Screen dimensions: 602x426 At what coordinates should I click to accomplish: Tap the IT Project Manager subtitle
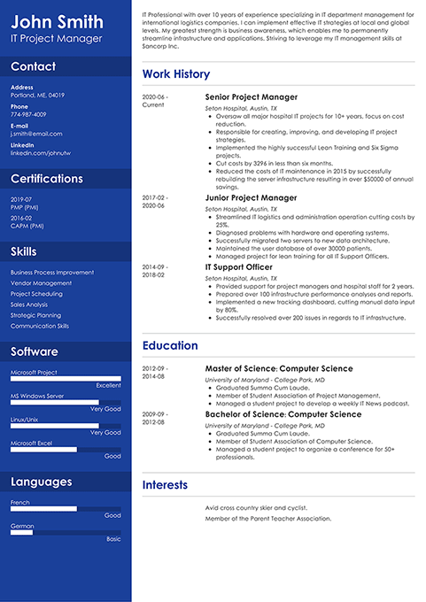(x=56, y=38)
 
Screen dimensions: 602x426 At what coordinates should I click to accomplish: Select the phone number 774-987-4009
(x=28, y=114)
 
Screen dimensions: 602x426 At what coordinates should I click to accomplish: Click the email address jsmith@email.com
(x=36, y=134)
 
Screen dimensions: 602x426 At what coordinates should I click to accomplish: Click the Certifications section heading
(x=47, y=179)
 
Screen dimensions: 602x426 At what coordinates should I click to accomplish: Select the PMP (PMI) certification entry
(x=24, y=207)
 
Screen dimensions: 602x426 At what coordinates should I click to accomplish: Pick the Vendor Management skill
(x=41, y=283)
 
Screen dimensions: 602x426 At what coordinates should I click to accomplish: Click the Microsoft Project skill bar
(x=66, y=379)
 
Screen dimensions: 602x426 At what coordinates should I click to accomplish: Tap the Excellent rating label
(x=109, y=385)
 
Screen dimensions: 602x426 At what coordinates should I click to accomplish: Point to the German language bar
(x=66, y=532)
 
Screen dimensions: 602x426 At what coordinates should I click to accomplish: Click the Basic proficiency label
(x=113, y=538)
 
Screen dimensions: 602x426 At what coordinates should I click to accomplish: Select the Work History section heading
(x=176, y=74)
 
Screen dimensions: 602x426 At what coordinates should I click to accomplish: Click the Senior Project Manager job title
(x=251, y=97)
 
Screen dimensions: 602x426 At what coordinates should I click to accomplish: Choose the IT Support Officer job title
(x=238, y=266)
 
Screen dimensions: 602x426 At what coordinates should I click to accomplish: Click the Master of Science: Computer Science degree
(x=278, y=368)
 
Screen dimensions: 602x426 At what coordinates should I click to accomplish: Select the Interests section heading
(x=165, y=484)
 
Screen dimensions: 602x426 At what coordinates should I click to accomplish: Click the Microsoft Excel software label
(x=31, y=443)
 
